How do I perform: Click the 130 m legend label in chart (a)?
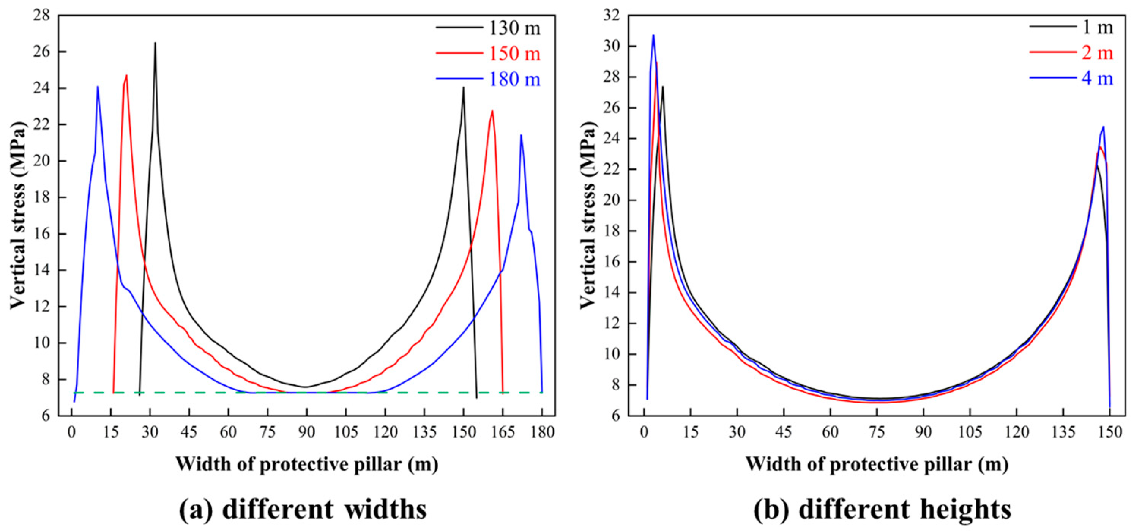(514, 28)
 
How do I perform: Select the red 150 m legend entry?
(514, 54)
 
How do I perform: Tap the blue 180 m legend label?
(514, 79)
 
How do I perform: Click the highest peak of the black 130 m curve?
(155, 43)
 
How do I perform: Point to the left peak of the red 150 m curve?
(126, 76)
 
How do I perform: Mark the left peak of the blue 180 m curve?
(98, 87)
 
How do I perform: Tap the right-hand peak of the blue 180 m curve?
(521, 135)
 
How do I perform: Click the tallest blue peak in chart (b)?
(653, 35)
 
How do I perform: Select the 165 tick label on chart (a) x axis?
(503, 432)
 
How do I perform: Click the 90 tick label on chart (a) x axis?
(306, 432)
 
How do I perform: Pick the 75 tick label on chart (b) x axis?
(877, 432)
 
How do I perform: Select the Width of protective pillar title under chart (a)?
(307, 464)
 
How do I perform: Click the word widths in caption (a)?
(386, 509)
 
